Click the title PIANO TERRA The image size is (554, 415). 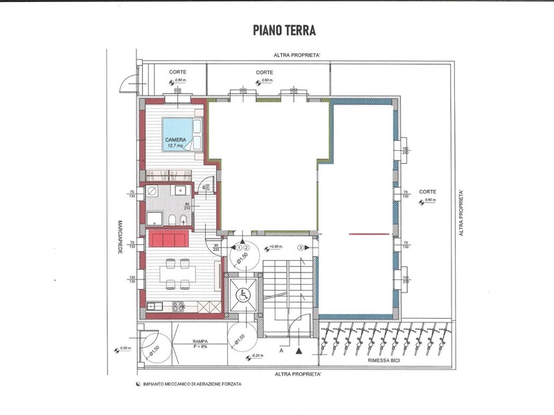click(x=276, y=30)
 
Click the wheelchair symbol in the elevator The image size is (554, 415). click(x=243, y=293)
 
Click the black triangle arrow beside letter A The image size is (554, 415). click(x=298, y=351)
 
